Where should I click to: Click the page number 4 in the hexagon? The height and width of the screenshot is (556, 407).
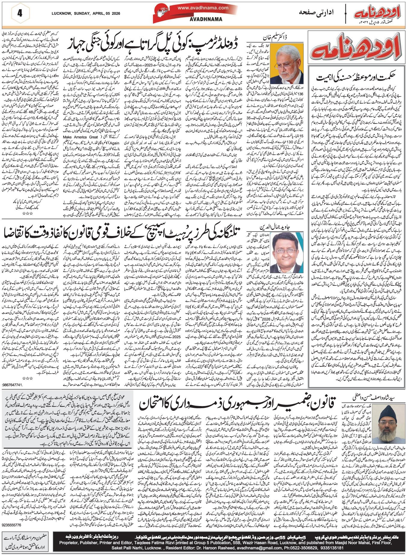[x=20, y=13]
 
